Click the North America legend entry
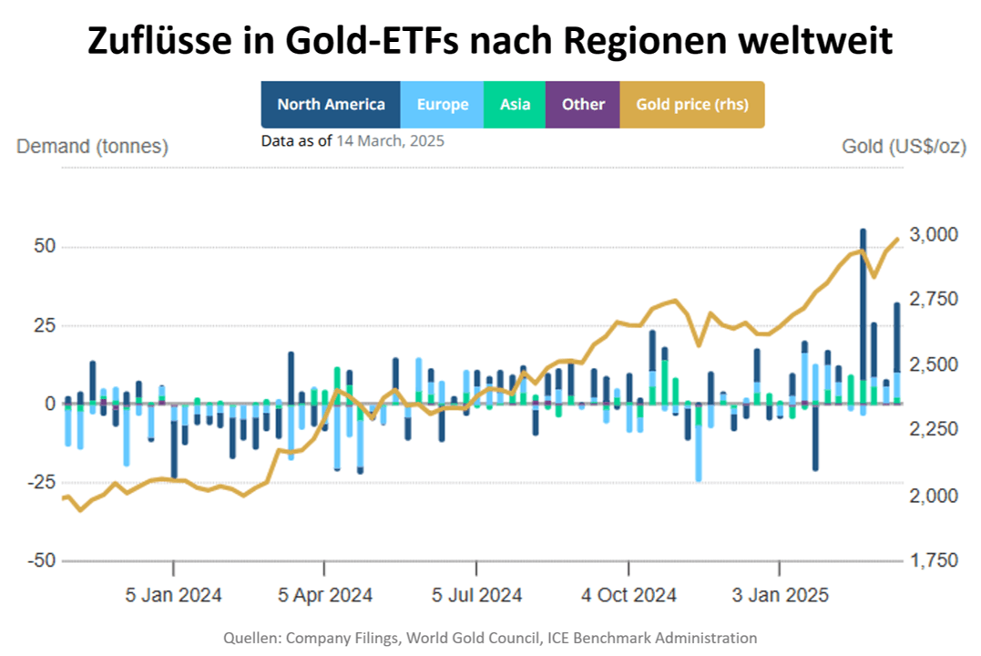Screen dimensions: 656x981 [x=331, y=105]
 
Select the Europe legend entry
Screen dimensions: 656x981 [x=443, y=105]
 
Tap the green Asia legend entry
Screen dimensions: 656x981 [x=515, y=105]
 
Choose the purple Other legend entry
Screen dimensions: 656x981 [x=583, y=105]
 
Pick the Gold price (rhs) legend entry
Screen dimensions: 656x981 [x=692, y=105]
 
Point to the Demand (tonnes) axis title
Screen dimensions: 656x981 [x=92, y=147]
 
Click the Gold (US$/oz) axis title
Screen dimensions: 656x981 [x=904, y=147]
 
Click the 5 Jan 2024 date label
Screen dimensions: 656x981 [x=173, y=595]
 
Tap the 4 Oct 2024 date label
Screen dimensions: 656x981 [x=628, y=595]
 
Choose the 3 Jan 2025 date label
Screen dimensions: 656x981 [x=780, y=595]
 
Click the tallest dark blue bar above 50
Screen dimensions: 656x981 [x=863, y=273]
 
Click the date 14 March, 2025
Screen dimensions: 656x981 [x=390, y=141]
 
